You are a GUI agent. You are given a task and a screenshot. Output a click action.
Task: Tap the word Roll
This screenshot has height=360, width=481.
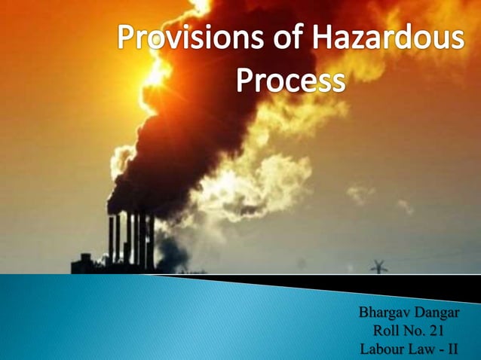[x=388, y=330]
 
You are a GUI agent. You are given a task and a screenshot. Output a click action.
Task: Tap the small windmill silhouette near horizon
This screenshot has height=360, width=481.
[x=377, y=266]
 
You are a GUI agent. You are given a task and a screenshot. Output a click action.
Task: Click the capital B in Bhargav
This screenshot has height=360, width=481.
[x=364, y=311]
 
